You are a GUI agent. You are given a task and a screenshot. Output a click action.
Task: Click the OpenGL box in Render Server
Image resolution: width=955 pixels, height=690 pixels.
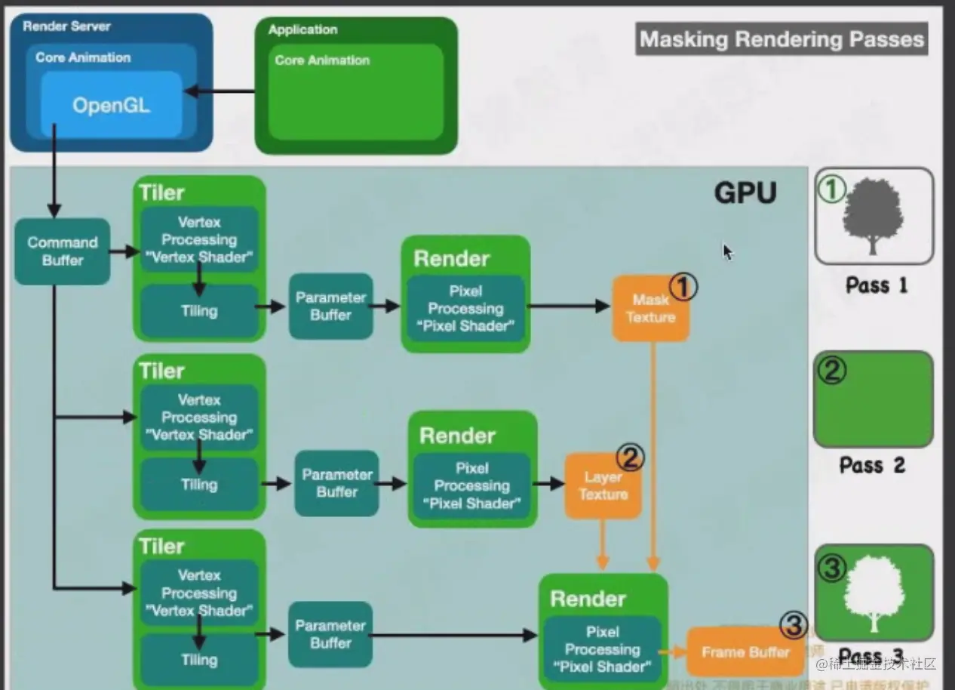(x=111, y=105)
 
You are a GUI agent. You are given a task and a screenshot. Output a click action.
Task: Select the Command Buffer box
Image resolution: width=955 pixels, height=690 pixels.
(x=62, y=251)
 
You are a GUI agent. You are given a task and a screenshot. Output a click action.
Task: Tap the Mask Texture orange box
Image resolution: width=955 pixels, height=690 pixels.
(x=650, y=309)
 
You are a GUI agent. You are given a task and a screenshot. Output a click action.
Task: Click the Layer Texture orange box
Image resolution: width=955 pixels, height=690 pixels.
(x=603, y=485)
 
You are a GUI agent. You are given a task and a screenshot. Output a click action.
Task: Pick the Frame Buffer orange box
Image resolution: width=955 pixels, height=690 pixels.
(x=745, y=652)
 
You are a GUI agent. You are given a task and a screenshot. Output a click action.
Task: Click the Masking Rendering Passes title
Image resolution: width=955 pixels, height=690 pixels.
(x=782, y=39)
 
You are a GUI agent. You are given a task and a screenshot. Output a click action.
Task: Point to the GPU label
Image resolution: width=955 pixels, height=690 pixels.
(x=745, y=193)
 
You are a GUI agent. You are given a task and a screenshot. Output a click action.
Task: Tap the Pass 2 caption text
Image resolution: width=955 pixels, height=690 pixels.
(x=872, y=465)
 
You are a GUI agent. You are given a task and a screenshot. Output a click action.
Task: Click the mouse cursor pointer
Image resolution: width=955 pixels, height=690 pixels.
(x=727, y=251)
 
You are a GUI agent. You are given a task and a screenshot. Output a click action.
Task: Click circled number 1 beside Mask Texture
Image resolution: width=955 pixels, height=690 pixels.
(x=683, y=286)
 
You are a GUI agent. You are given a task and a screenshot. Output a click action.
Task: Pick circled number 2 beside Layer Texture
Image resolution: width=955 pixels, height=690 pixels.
(x=631, y=457)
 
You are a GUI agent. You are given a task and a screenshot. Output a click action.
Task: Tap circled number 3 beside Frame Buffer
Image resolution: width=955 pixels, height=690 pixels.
(x=794, y=625)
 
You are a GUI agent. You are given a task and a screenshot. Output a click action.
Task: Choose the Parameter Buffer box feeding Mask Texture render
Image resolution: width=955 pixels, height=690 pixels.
(x=331, y=306)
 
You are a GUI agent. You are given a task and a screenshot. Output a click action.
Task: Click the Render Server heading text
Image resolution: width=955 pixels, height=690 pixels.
(x=66, y=26)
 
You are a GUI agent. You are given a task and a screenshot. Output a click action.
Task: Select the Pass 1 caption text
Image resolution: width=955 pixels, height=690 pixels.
(x=876, y=285)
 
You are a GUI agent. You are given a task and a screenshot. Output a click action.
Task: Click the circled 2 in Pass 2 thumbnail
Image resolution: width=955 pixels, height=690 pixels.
(x=832, y=371)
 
